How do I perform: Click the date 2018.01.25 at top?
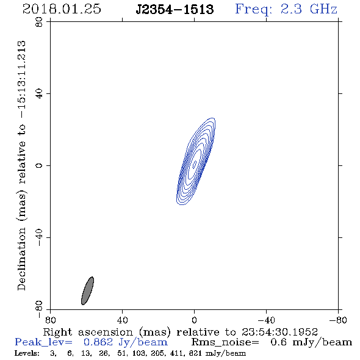[62, 9]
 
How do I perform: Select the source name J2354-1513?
[175, 9]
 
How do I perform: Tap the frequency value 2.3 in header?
[291, 9]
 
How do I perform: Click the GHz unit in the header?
[324, 9]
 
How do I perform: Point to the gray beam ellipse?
[87, 290]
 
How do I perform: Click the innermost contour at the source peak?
[195, 164]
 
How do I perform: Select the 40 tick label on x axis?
[122, 320]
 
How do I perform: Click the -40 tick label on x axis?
[266, 320]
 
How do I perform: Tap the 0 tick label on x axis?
[194, 320]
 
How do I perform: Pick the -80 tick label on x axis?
[338, 320]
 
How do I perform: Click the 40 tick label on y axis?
[39, 94]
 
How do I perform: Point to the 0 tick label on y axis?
[39, 165]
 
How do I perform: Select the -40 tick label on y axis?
[39, 237]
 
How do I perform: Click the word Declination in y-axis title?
[21, 259]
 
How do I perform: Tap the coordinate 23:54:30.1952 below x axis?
[279, 332]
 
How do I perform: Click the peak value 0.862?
[98, 342]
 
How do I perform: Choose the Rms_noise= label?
[225, 342]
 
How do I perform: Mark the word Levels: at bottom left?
[27, 353]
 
